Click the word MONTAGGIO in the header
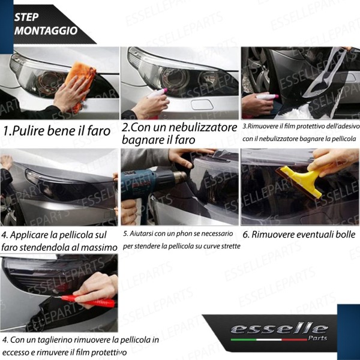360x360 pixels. (46, 31)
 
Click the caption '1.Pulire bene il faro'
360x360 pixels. (57, 130)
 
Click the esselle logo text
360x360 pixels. (280, 329)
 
